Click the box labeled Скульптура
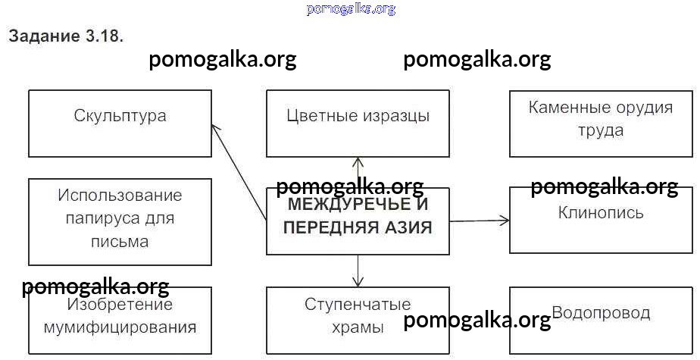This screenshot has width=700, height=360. [x=120, y=123]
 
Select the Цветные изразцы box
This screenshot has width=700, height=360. [x=358, y=123]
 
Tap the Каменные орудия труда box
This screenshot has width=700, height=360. [x=601, y=123]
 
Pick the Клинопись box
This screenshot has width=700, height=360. [x=601, y=220]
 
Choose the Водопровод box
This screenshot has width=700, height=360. [x=601, y=318]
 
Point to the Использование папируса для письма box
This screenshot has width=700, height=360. [x=120, y=221]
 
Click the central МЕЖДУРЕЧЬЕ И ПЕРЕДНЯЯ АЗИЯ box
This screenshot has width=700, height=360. [x=358, y=221]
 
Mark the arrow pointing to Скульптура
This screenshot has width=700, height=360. [x=238, y=171]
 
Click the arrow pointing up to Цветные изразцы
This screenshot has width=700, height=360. [x=358, y=171]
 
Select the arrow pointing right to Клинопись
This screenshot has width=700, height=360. [x=480, y=221]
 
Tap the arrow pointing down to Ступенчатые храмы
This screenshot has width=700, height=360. [x=358, y=271]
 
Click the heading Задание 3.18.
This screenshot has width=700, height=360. [x=65, y=36]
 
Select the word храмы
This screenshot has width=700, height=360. [x=358, y=327]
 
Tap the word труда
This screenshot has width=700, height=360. [x=601, y=130]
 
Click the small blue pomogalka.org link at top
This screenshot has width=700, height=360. [x=351, y=9]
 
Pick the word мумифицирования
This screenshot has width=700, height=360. [x=120, y=327]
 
